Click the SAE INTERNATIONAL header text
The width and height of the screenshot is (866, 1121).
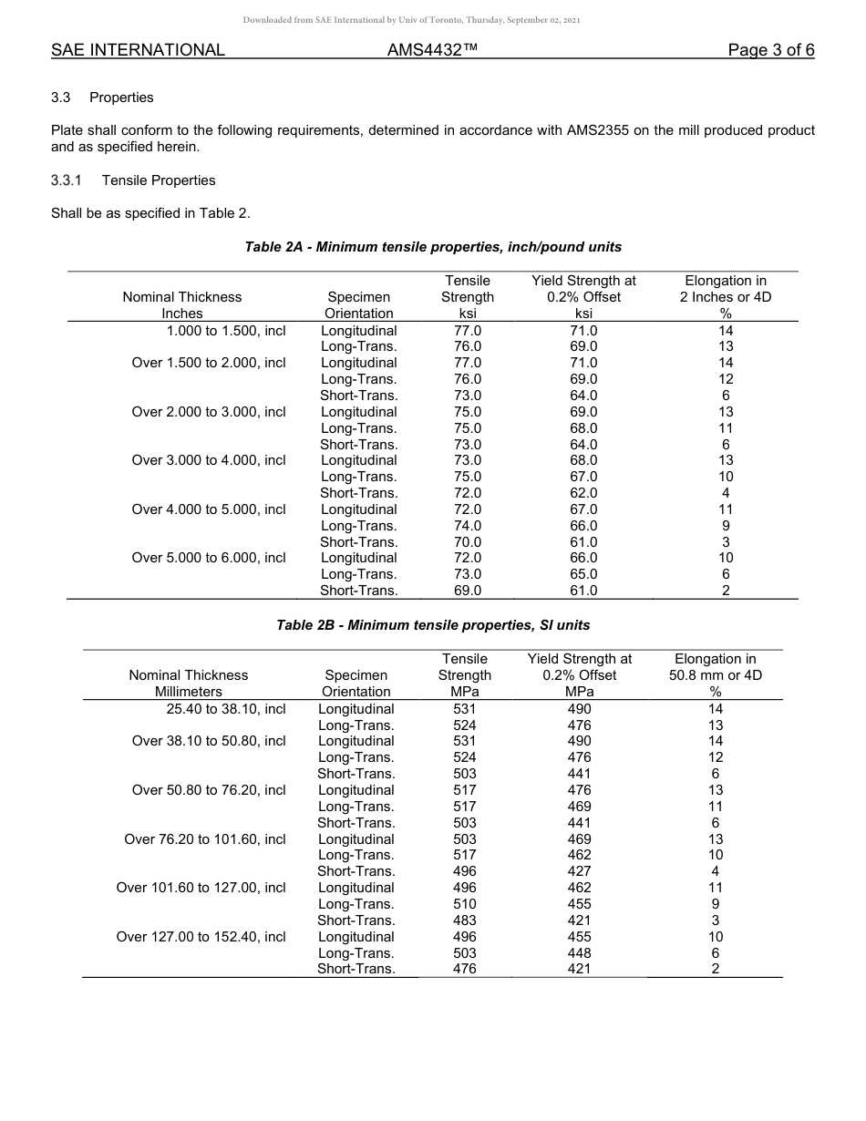[x=138, y=50]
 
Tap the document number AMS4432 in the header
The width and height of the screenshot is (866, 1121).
[x=432, y=50]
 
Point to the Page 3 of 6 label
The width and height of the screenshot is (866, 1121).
[x=770, y=50]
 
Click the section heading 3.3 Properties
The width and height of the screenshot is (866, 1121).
[x=102, y=98]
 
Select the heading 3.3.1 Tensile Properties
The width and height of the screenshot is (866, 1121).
[x=133, y=180]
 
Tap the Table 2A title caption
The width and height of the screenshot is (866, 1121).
[x=433, y=247]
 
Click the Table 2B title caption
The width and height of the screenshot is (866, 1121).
[x=433, y=625]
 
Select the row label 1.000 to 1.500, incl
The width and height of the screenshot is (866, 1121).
[x=226, y=331]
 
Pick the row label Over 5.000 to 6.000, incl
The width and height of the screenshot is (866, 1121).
[x=209, y=558]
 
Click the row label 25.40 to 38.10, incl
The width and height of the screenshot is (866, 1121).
[x=226, y=709]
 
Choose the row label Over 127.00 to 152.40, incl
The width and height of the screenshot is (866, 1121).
[x=201, y=937]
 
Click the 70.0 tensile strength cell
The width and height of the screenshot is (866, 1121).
[x=468, y=542]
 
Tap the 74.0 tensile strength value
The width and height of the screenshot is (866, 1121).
[x=468, y=526]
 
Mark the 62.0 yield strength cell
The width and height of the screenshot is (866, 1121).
[x=583, y=493]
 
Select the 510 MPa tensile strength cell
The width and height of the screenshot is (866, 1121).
[x=465, y=904]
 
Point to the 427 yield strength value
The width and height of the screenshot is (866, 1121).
[x=579, y=871]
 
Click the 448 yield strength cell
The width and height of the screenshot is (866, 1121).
[x=579, y=953]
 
